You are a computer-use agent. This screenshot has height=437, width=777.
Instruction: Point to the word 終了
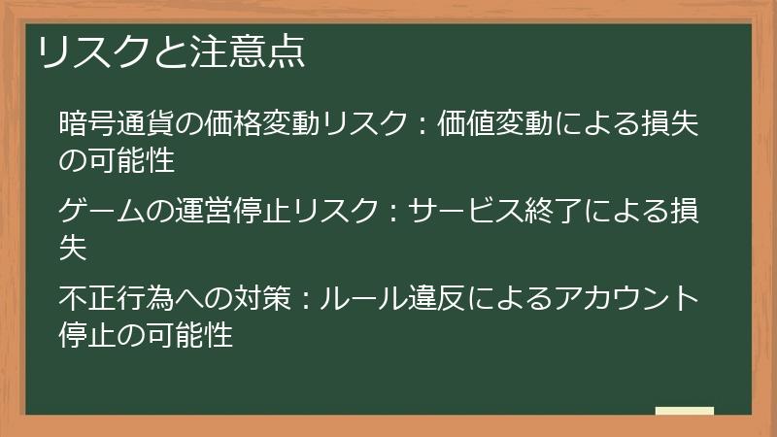552,210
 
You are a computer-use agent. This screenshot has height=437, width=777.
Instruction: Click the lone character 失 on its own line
73,247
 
